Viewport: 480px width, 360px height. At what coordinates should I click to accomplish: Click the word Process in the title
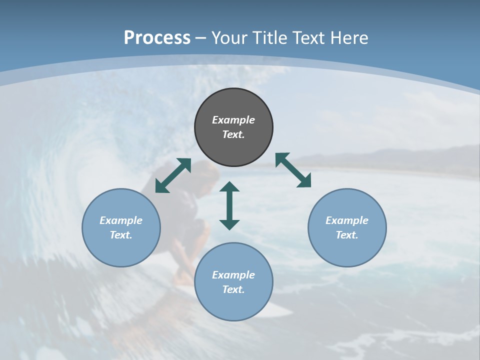(157, 38)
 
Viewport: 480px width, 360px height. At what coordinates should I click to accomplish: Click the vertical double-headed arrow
(229, 206)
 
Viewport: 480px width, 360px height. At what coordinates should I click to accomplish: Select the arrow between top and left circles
(173, 175)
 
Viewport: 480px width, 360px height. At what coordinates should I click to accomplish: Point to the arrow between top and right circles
(293, 170)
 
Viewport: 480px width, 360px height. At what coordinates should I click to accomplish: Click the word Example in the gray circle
(233, 120)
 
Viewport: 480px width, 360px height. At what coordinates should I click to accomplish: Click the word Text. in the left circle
(121, 235)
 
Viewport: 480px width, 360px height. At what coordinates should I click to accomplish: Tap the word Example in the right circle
(347, 220)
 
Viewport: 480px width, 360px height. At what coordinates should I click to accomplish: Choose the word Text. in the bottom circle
(233, 289)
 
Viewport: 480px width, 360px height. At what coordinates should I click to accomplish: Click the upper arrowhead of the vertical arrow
(229, 186)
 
